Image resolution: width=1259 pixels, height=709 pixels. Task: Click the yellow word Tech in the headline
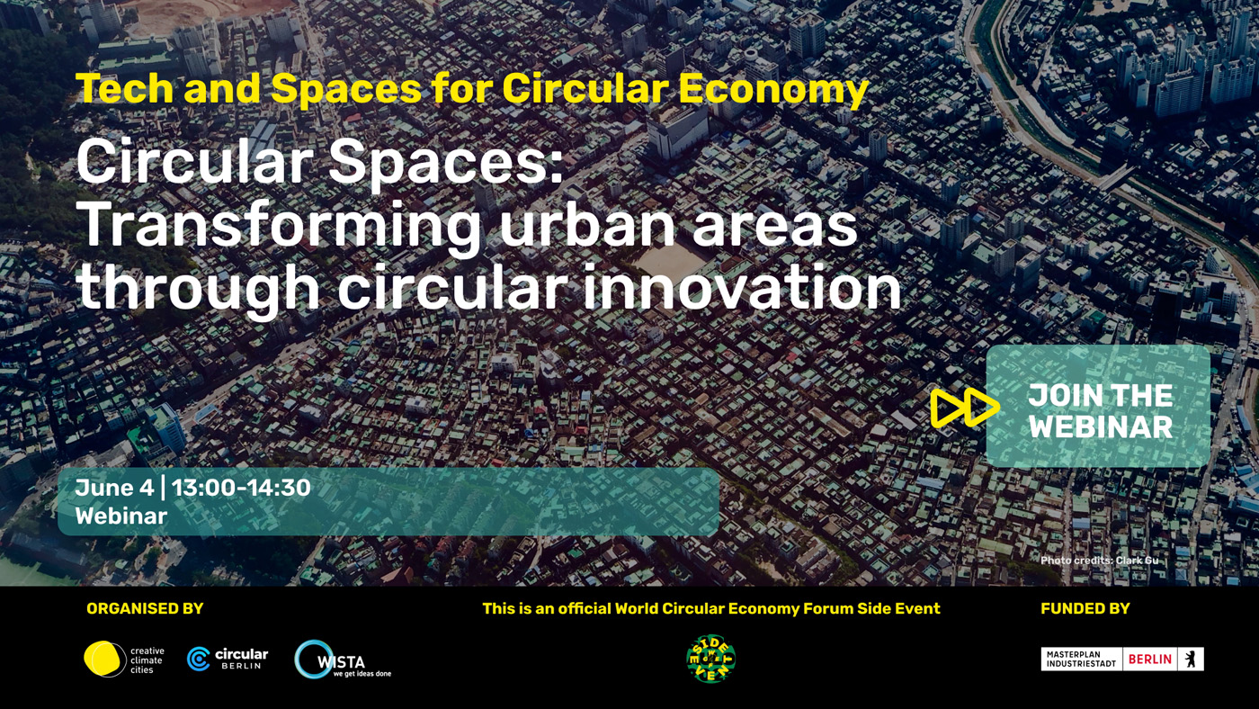pyautogui.click(x=125, y=88)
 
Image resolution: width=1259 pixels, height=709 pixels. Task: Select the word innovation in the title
pyautogui.click(x=741, y=287)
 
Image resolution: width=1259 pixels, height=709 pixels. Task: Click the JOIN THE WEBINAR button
pyautogui.click(x=1098, y=406)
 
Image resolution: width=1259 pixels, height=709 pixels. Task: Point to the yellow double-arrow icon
pyautogui.click(x=964, y=407)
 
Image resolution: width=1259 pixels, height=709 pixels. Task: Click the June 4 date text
pyautogui.click(x=115, y=488)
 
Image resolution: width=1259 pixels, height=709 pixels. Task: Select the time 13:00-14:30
pyautogui.click(x=241, y=488)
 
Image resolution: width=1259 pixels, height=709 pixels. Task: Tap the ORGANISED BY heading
pyautogui.click(x=145, y=608)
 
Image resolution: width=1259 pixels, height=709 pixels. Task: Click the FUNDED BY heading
pyautogui.click(x=1085, y=608)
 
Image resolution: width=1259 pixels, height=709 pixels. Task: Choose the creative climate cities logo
pyautogui.click(x=124, y=659)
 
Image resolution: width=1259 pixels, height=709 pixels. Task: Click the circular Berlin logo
pyautogui.click(x=228, y=659)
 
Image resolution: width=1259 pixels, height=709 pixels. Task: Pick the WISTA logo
pyautogui.click(x=343, y=660)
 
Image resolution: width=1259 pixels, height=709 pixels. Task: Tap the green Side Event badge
pyautogui.click(x=711, y=659)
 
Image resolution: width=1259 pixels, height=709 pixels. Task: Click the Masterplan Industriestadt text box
pyautogui.click(x=1081, y=659)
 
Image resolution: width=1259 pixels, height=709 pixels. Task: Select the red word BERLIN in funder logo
pyautogui.click(x=1150, y=659)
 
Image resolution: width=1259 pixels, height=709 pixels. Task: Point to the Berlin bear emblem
pyautogui.click(x=1191, y=659)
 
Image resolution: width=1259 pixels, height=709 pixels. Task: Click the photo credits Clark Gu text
pyautogui.click(x=1099, y=560)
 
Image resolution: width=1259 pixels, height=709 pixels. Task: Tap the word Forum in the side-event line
pyautogui.click(x=828, y=608)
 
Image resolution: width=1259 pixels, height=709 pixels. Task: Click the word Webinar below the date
pyautogui.click(x=121, y=516)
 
